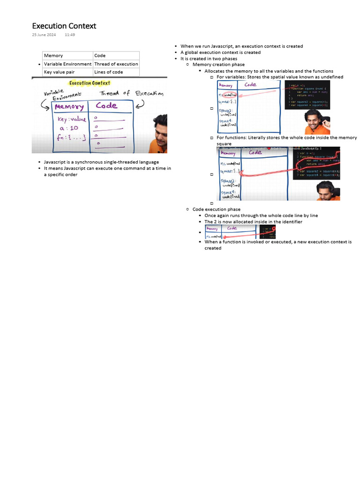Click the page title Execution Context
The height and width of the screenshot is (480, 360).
(x=64, y=26)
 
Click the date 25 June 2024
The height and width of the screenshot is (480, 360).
(x=44, y=35)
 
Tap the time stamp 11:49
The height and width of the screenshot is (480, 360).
(x=70, y=35)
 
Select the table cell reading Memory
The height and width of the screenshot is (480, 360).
(x=53, y=55)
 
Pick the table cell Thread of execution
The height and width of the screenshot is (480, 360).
(x=116, y=64)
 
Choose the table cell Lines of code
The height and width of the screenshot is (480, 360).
(x=108, y=72)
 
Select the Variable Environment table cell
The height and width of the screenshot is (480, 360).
(x=67, y=64)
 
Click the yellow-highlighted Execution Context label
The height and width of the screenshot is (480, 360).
(x=90, y=83)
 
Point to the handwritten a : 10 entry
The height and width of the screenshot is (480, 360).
(x=69, y=128)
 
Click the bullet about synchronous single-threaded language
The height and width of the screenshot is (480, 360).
(x=101, y=162)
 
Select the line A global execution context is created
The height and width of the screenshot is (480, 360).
(x=220, y=52)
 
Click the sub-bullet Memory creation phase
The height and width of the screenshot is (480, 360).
(x=218, y=65)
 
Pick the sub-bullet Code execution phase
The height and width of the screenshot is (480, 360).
(x=216, y=210)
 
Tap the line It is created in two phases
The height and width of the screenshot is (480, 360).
(x=209, y=59)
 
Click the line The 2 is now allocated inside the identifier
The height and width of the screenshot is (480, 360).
(x=253, y=222)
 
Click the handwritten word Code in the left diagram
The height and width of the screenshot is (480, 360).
(x=106, y=106)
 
